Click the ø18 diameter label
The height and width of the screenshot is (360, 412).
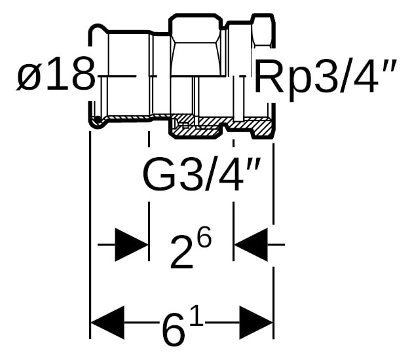click(x=56, y=73)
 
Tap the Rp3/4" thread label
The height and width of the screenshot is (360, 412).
click(x=325, y=77)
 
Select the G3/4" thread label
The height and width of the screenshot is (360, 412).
click(x=202, y=174)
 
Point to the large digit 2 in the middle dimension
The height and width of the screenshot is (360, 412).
click(x=182, y=253)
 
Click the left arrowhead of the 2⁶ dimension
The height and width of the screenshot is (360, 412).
click(x=132, y=245)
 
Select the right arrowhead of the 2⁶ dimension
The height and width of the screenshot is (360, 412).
click(x=251, y=245)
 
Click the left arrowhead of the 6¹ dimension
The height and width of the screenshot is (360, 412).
click(x=107, y=322)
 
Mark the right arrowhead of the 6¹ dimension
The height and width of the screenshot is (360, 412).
click(x=257, y=322)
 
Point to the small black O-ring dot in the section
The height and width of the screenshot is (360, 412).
click(x=98, y=119)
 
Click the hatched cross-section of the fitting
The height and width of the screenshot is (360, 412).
click(x=221, y=125)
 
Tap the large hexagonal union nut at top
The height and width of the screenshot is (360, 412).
click(x=196, y=45)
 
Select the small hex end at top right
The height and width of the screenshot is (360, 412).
click(x=263, y=31)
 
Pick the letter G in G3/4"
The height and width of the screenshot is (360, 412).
click(x=159, y=174)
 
